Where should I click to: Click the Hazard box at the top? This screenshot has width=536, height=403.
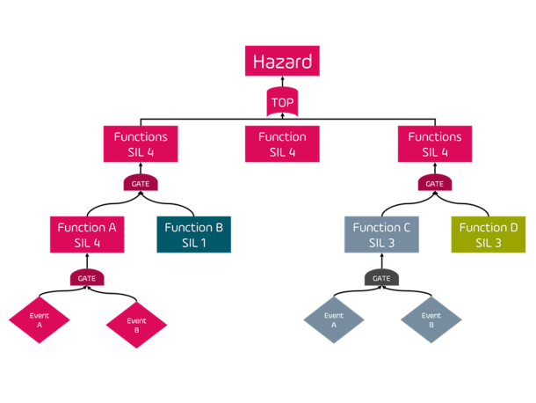(x=282, y=62)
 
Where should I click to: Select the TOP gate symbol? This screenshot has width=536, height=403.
(x=282, y=103)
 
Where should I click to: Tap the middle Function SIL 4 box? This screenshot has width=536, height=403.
(x=282, y=144)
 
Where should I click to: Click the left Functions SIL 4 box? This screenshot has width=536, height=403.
(x=141, y=144)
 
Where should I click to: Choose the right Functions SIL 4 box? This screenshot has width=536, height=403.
(x=434, y=144)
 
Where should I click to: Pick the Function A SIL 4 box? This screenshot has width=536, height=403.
(x=87, y=234)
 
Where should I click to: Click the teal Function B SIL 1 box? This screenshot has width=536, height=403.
(x=194, y=234)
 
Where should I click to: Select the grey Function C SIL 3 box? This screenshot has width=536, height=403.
(x=381, y=234)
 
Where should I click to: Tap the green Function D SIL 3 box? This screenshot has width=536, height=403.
(x=489, y=234)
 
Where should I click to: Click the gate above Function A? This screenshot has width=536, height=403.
(x=141, y=184)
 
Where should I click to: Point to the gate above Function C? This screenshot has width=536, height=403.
(x=434, y=184)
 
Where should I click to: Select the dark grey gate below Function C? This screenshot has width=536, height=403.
(x=381, y=278)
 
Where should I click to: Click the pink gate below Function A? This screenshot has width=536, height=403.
(x=87, y=278)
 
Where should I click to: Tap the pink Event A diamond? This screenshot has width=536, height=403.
(x=39, y=320)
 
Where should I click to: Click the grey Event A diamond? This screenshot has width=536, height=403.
(x=333, y=320)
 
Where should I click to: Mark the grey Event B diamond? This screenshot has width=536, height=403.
(x=431, y=320)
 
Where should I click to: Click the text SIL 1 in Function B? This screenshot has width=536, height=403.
(x=194, y=243)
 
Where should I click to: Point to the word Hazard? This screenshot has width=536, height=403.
(x=282, y=62)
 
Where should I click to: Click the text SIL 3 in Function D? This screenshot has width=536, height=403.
(x=489, y=243)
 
